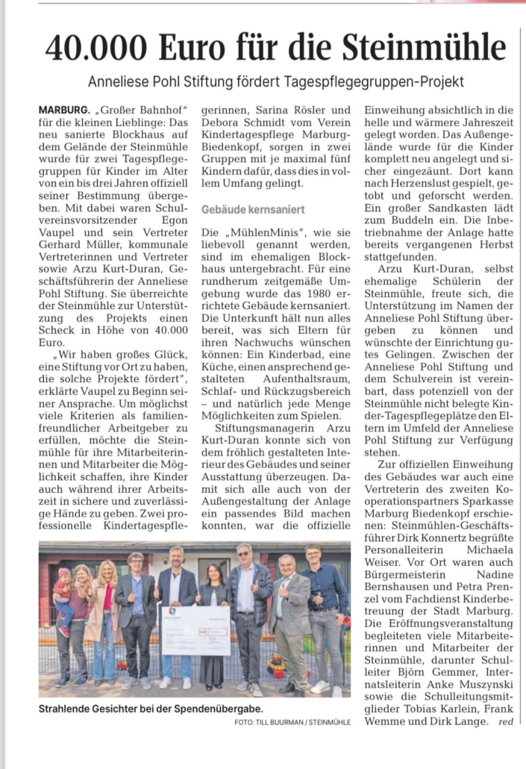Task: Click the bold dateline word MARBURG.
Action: point(66,110)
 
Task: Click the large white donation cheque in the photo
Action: point(195,629)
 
